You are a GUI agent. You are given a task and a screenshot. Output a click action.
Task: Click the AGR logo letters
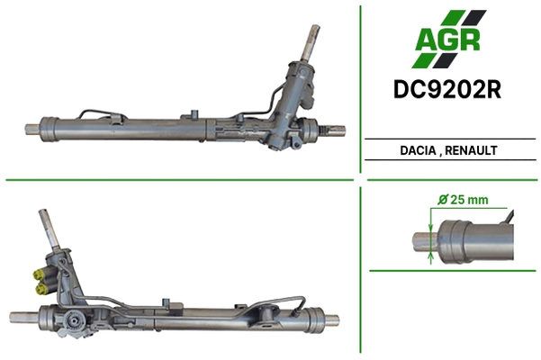coord(447,40)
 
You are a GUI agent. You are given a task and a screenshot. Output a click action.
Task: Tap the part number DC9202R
coord(447,90)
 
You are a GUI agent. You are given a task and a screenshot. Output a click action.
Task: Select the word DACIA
coord(418,150)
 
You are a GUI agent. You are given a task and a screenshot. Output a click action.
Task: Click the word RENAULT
coord(471,150)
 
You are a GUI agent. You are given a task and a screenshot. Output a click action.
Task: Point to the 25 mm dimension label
coord(470,200)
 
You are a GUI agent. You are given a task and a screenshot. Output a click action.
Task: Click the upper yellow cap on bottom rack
coord(38,274)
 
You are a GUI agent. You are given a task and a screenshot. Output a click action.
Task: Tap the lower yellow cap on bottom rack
coord(41,289)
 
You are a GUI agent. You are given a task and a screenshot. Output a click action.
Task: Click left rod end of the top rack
coord(32,129)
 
